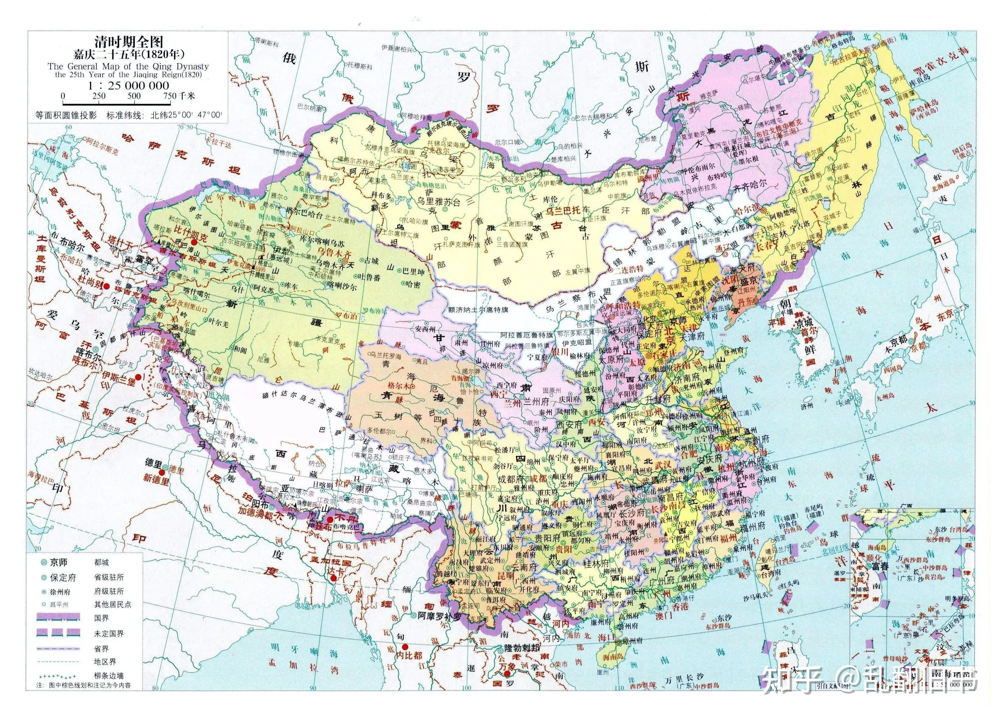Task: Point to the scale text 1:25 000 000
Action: [x=128, y=86]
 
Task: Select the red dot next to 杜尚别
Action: [x=106, y=286]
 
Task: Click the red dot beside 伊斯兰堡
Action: [x=138, y=377]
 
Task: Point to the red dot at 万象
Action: [x=507, y=674]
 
